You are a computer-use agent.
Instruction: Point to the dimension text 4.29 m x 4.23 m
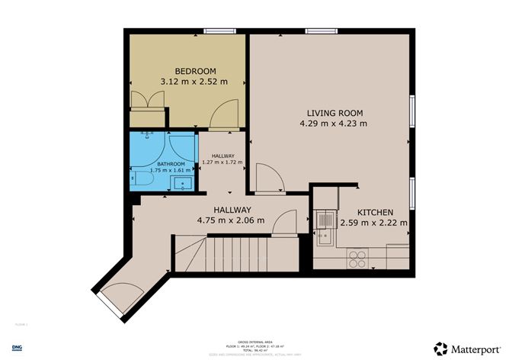point(333,123)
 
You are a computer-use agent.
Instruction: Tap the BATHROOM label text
point(171,163)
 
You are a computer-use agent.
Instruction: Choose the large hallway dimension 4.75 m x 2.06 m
point(228,220)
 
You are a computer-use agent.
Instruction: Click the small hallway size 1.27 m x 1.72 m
point(222,162)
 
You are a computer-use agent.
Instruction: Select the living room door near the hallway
point(269,178)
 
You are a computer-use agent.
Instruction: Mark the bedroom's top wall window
point(219,31)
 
